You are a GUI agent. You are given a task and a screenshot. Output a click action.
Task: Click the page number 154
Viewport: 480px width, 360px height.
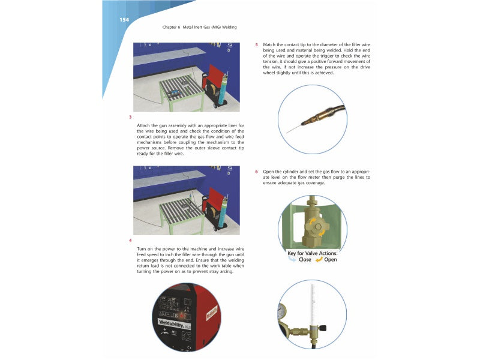pos(124,20)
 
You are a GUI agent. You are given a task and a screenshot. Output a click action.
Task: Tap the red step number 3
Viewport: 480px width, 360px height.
pos(130,116)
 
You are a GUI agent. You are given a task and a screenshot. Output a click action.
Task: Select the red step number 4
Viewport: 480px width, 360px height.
pos(130,241)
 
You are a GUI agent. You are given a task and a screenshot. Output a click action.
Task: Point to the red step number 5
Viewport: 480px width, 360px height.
pos(257,44)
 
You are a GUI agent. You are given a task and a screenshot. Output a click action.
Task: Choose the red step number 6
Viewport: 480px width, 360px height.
pos(257,172)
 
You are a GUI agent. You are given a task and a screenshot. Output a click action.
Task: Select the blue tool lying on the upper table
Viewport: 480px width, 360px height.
pos(175,92)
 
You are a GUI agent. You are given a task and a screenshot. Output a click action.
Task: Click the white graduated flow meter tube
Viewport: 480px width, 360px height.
pos(312,306)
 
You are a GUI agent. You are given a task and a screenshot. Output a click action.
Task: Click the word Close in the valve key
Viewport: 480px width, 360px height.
pos(305,260)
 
